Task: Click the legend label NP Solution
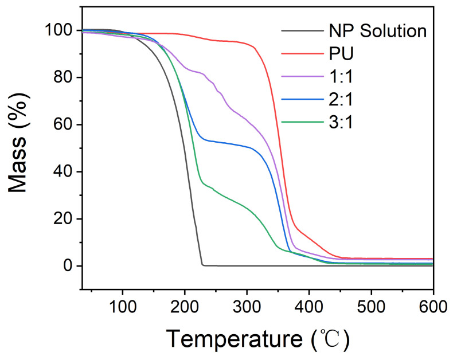(x=377, y=30)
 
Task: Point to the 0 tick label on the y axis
(x=68, y=266)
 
